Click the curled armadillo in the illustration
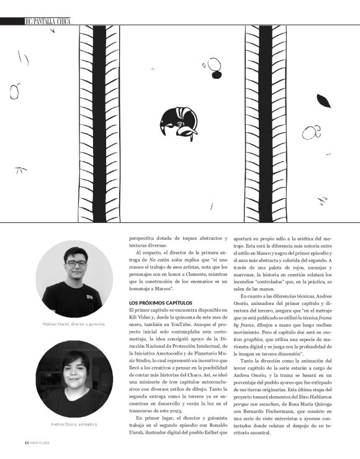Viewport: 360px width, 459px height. (179, 122)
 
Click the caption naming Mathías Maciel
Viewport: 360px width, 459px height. (73, 324)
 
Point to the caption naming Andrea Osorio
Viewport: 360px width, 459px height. (73, 424)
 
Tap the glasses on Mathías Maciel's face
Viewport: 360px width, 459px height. (77, 263)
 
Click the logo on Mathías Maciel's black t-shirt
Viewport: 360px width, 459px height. (91, 296)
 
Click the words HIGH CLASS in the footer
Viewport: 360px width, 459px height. (36, 442)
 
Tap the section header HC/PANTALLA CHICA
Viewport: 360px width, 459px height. (47, 21)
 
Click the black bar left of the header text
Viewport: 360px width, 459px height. (12, 21)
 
